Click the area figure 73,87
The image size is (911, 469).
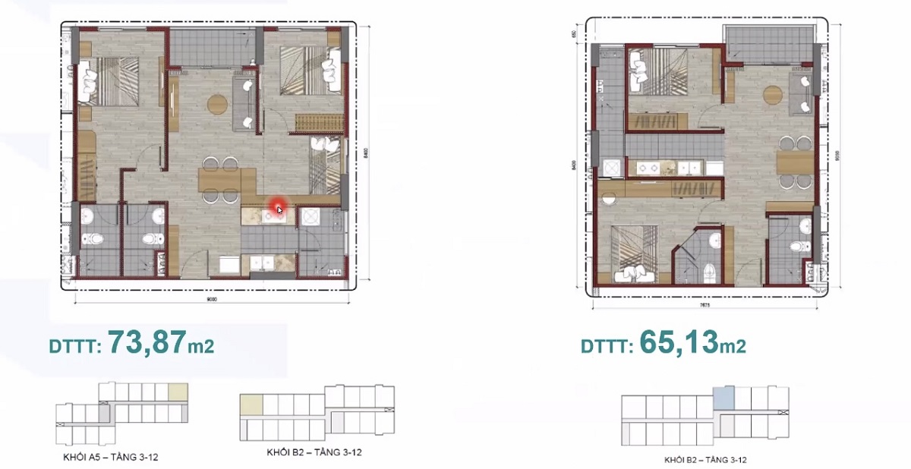[x=147, y=343]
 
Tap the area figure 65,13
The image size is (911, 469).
[x=679, y=343]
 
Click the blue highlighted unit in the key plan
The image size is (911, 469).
[x=723, y=396]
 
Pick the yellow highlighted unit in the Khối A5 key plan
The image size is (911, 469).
[x=178, y=392]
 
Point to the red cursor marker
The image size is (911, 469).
[x=279, y=209]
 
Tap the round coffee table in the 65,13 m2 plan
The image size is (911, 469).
[x=773, y=95]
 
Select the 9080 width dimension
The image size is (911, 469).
[x=213, y=298]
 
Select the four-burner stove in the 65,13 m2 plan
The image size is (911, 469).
[x=647, y=167]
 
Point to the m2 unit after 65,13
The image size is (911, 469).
[x=733, y=346]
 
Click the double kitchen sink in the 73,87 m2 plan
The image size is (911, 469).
[x=262, y=263]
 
